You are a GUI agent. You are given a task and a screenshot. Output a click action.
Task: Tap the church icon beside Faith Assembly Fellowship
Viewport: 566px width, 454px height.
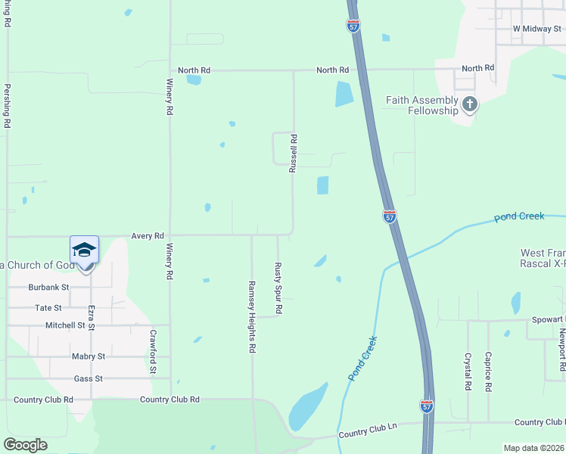point(470,104)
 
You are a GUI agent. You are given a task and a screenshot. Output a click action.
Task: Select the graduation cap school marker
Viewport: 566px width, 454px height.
point(84,250)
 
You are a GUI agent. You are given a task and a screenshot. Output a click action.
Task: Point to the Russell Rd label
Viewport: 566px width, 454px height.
point(293,154)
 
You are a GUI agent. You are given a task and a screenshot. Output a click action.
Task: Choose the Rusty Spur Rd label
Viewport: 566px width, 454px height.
point(278,288)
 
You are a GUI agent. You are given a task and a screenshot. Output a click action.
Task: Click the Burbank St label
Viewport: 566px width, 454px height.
point(49,288)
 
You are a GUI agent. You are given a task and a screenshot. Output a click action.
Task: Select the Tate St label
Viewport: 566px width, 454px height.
point(48,308)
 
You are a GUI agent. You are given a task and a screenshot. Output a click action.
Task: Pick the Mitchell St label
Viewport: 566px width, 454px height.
point(66,325)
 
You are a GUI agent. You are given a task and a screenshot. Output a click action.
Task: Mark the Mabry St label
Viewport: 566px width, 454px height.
point(89,356)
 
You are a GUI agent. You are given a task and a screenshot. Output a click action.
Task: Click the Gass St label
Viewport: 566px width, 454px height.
point(88,378)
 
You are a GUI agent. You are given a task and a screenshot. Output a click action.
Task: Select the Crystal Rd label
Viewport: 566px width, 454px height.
point(468,372)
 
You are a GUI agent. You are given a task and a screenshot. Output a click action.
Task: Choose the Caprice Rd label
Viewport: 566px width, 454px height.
point(489,372)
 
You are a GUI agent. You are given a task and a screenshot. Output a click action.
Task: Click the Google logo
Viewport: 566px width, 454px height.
point(25,445)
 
